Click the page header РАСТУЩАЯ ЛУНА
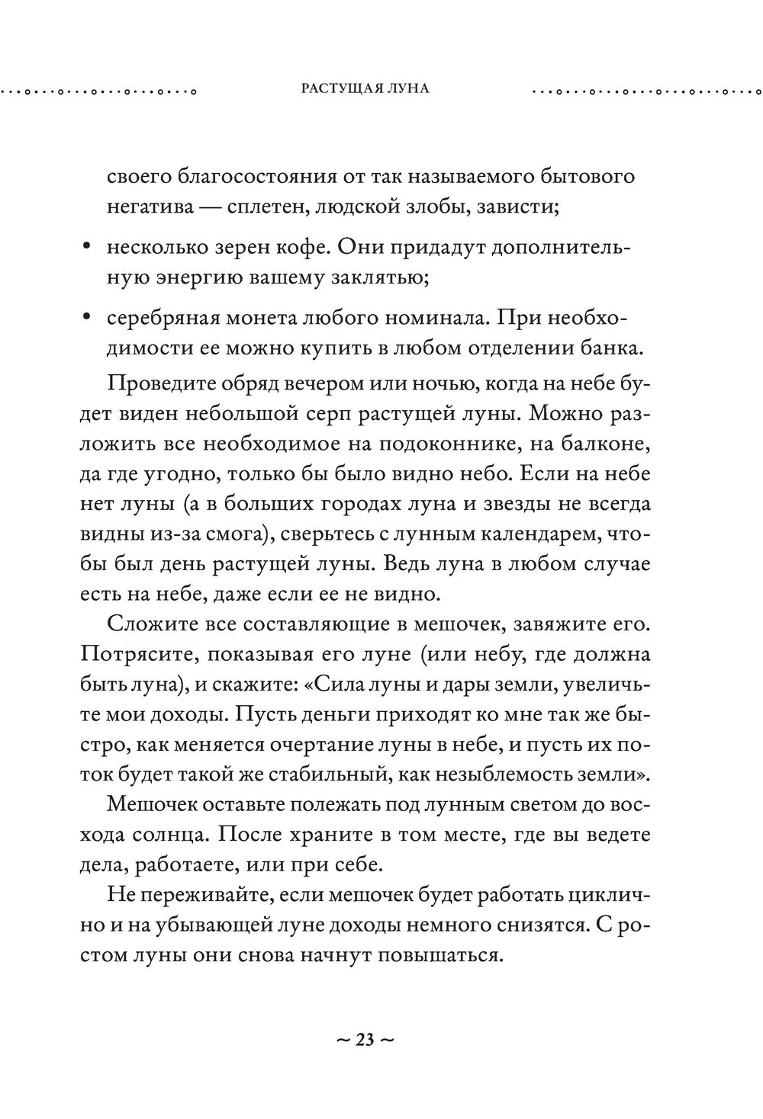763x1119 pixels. (365, 88)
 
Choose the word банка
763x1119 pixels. (612, 348)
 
